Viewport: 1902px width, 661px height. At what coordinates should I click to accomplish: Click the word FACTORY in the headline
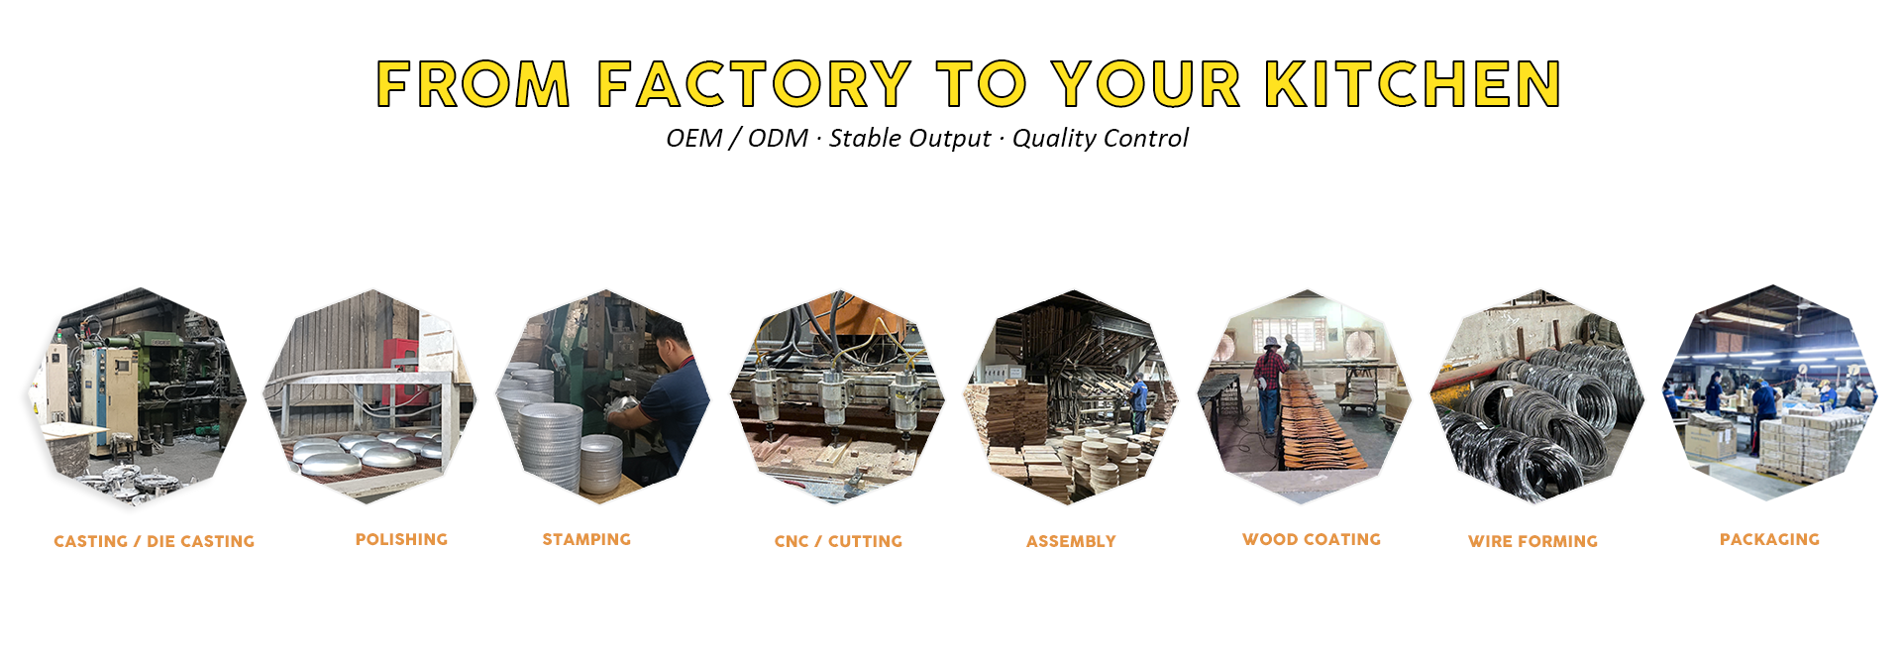pyautogui.click(x=754, y=83)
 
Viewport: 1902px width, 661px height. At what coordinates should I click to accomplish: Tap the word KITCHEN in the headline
pyautogui.click(x=1414, y=83)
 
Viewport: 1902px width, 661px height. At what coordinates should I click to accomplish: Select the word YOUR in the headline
pyautogui.click(x=1146, y=83)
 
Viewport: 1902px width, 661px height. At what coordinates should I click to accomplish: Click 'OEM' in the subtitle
pyautogui.click(x=694, y=138)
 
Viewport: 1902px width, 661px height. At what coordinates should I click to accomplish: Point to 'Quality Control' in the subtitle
pyautogui.click(x=1100, y=139)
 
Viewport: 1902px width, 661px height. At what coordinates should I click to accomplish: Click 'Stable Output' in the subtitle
pyautogui.click(x=909, y=139)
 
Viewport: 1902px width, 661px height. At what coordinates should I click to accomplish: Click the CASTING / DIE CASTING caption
pyautogui.click(x=154, y=541)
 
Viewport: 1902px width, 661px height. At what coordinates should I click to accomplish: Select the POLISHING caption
pyautogui.click(x=401, y=539)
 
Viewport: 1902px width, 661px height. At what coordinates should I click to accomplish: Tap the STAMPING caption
pyautogui.click(x=586, y=539)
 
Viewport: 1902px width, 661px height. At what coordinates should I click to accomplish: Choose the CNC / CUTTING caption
pyautogui.click(x=838, y=541)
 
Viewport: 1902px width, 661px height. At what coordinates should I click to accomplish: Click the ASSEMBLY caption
pyautogui.click(x=1071, y=541)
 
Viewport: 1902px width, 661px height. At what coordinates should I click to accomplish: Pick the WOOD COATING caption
pyautogui.click(x=1312, y=539)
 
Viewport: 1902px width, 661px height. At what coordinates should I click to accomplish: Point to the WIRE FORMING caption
pyautogui.click(x=1532, y=541)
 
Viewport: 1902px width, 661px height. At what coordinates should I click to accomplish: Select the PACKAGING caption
pyautogui.click(x=1769, y=539)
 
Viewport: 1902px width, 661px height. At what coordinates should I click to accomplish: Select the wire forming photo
pyautogui.click(x=1538, y=396)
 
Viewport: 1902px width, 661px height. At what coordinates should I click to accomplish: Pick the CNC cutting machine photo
pyautogui.click(x=837, y=397)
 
